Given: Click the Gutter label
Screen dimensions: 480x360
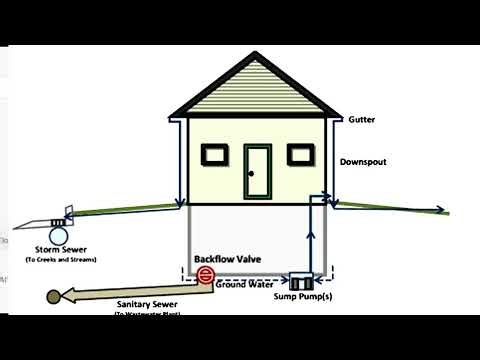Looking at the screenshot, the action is click(360, 119).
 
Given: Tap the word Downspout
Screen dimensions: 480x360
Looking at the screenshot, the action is click(362, 160).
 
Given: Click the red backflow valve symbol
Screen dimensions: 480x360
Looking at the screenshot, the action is click(205, 274).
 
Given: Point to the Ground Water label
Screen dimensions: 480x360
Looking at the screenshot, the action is click(246, 285).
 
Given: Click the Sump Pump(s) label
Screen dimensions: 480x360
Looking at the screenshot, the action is click(301, 298).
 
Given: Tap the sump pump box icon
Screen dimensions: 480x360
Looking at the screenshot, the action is click(301, 280).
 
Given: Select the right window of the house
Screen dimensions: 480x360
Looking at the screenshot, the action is click(300, 154).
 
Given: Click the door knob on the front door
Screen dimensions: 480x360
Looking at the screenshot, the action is click(251, 173).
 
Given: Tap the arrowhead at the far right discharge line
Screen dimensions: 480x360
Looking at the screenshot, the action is click(442, 211).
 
